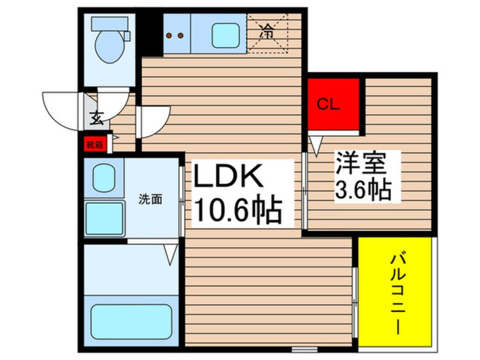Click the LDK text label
pos(229,178)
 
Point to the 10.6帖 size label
pos(239,212)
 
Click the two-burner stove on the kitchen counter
pos(176,35)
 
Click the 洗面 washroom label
pos(151,199)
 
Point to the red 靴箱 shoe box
pos(95,145)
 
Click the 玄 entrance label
pos(96,119)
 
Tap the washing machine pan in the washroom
pos(104,219)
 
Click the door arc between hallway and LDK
pos(153,121)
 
